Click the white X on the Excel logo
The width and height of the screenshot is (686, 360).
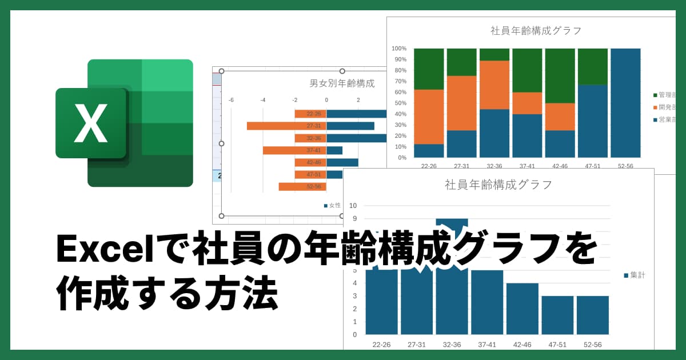tap(91, 123)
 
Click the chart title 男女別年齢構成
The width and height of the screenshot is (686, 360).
tap(342, 83)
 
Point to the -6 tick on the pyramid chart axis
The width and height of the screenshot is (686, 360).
tap(231, 100)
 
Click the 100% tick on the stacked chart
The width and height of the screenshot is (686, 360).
tap(399, 49)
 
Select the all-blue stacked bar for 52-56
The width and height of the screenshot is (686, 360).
tap(625, 103)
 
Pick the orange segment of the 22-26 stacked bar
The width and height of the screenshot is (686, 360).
tap(429, 117)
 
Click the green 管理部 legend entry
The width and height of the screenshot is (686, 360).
tap(664, 95)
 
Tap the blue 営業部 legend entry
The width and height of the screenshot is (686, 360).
tap(664, 120)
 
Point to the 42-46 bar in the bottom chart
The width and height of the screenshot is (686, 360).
tap(522, 309)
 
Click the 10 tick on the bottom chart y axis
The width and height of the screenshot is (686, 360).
tap(353, 206)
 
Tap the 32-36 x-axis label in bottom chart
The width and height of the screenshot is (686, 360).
tap(452, 345)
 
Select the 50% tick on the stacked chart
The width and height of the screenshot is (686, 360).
tap(399, 103)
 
